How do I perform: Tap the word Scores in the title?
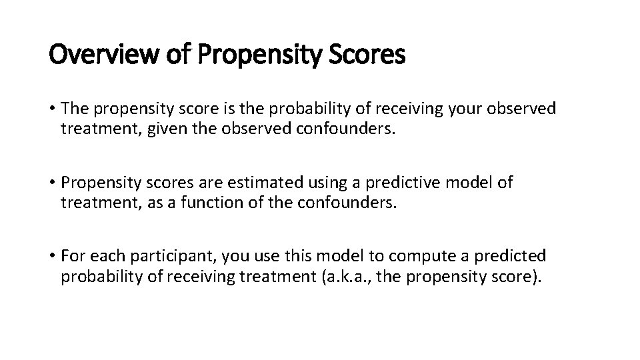click(367, 55)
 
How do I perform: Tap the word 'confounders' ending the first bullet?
click(349, 128)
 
